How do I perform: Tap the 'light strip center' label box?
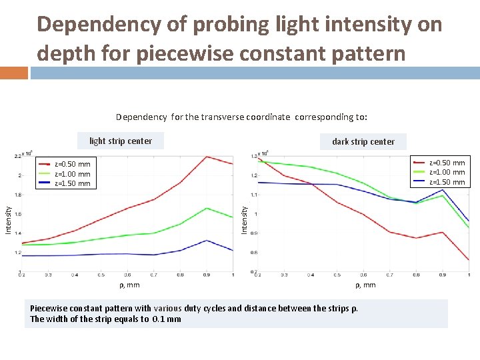pyautogui.click(x=121, y=141)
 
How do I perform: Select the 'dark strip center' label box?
pyautogui.click(x=363, y=141)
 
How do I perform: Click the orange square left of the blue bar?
pyautogui.click(x=14, y=73)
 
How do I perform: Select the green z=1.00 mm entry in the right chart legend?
pyautogui.click(x=439, y=172)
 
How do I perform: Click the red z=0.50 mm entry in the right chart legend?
pyautogui.click(x=439, y=163)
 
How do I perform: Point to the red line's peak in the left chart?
pyautogui.click(x=207, y=157)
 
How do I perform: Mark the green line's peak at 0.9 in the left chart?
pyautogui.click(x=207, y=208)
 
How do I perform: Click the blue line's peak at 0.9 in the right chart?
pyautogui.click(x=443, y=190)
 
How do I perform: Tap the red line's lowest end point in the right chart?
pyautogui.click(x=469, y=259)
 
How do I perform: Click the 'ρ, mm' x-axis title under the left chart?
pyautogui.click(x=128, y=285)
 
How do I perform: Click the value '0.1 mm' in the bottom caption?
pyautogui.click(x=166, y=319)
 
